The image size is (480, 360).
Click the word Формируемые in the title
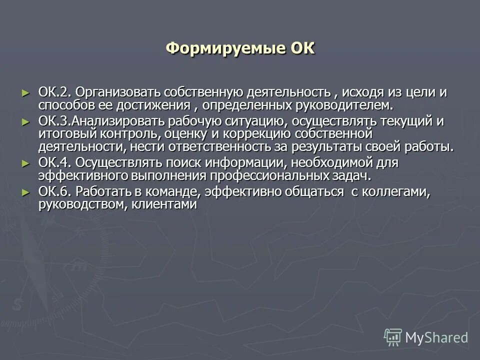225,49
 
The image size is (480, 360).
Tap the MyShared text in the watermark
436,337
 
